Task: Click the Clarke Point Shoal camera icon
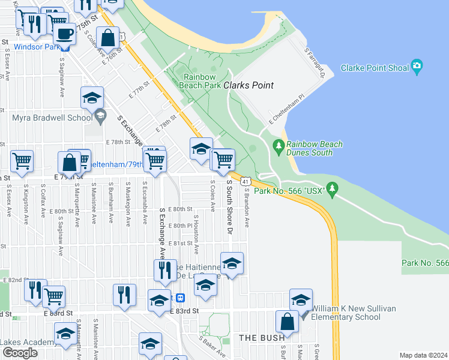[417, 67]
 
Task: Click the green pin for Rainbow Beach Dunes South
[278, 146]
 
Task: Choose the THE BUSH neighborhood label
[262, 338]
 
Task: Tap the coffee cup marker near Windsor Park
[64, 34]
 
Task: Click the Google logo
[20, 352]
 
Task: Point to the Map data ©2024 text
[423, 355]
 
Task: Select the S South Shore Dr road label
[229, 205]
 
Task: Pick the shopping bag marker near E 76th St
[108, 37]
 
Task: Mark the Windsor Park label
[35, 46]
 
